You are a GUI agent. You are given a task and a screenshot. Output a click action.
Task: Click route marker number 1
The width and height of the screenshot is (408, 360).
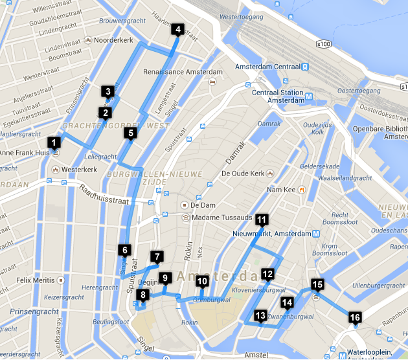coord(54,142)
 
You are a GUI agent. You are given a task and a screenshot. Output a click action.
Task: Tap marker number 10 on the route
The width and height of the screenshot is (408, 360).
coord(202,281)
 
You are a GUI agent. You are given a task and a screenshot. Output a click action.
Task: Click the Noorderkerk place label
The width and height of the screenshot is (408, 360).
coord(113,40)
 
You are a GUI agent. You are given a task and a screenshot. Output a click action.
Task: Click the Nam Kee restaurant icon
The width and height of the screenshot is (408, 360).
coord(302,190)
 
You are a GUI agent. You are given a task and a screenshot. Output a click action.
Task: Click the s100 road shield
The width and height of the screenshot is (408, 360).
coord(324,44)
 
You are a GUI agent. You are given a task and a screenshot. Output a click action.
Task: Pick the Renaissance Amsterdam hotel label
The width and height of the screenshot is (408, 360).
coord(183,71)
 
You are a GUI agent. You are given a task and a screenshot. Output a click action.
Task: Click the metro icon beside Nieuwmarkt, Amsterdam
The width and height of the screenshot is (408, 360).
coord(315,233)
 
